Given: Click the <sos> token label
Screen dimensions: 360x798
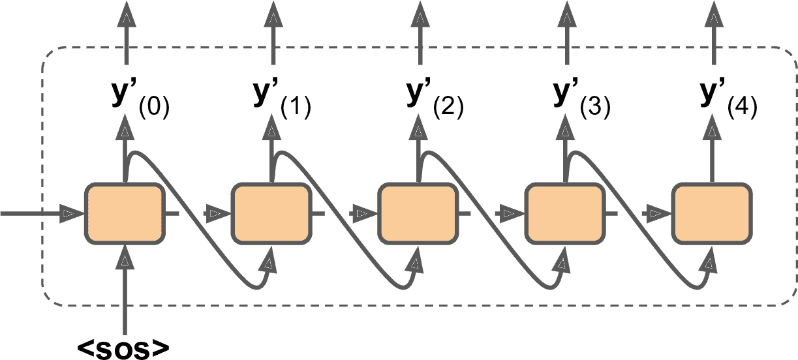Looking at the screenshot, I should click(x=124, y=348).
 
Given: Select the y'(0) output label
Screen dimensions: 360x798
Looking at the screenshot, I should click(x=139, y=98).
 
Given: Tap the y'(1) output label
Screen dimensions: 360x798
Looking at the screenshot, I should click(x=281, y=98).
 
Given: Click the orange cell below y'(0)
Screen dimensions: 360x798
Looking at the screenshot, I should click(x=123, y=213).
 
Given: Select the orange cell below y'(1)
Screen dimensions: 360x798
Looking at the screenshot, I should click(x=270, y=213).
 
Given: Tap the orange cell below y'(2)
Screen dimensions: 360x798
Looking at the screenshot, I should click(x=418, y=213).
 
